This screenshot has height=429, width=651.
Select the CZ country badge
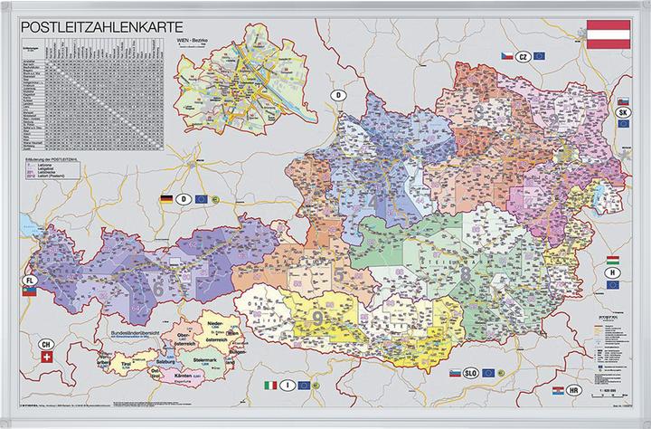tap(523, 56)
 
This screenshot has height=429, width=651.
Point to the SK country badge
tap(623, 112)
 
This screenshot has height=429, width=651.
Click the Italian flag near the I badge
tap(269, 386)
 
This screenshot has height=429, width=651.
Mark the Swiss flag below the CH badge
tap(47, 359)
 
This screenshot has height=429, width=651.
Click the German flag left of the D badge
tap(166, 197)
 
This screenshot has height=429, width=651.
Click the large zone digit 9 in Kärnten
tap(319, 316)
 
